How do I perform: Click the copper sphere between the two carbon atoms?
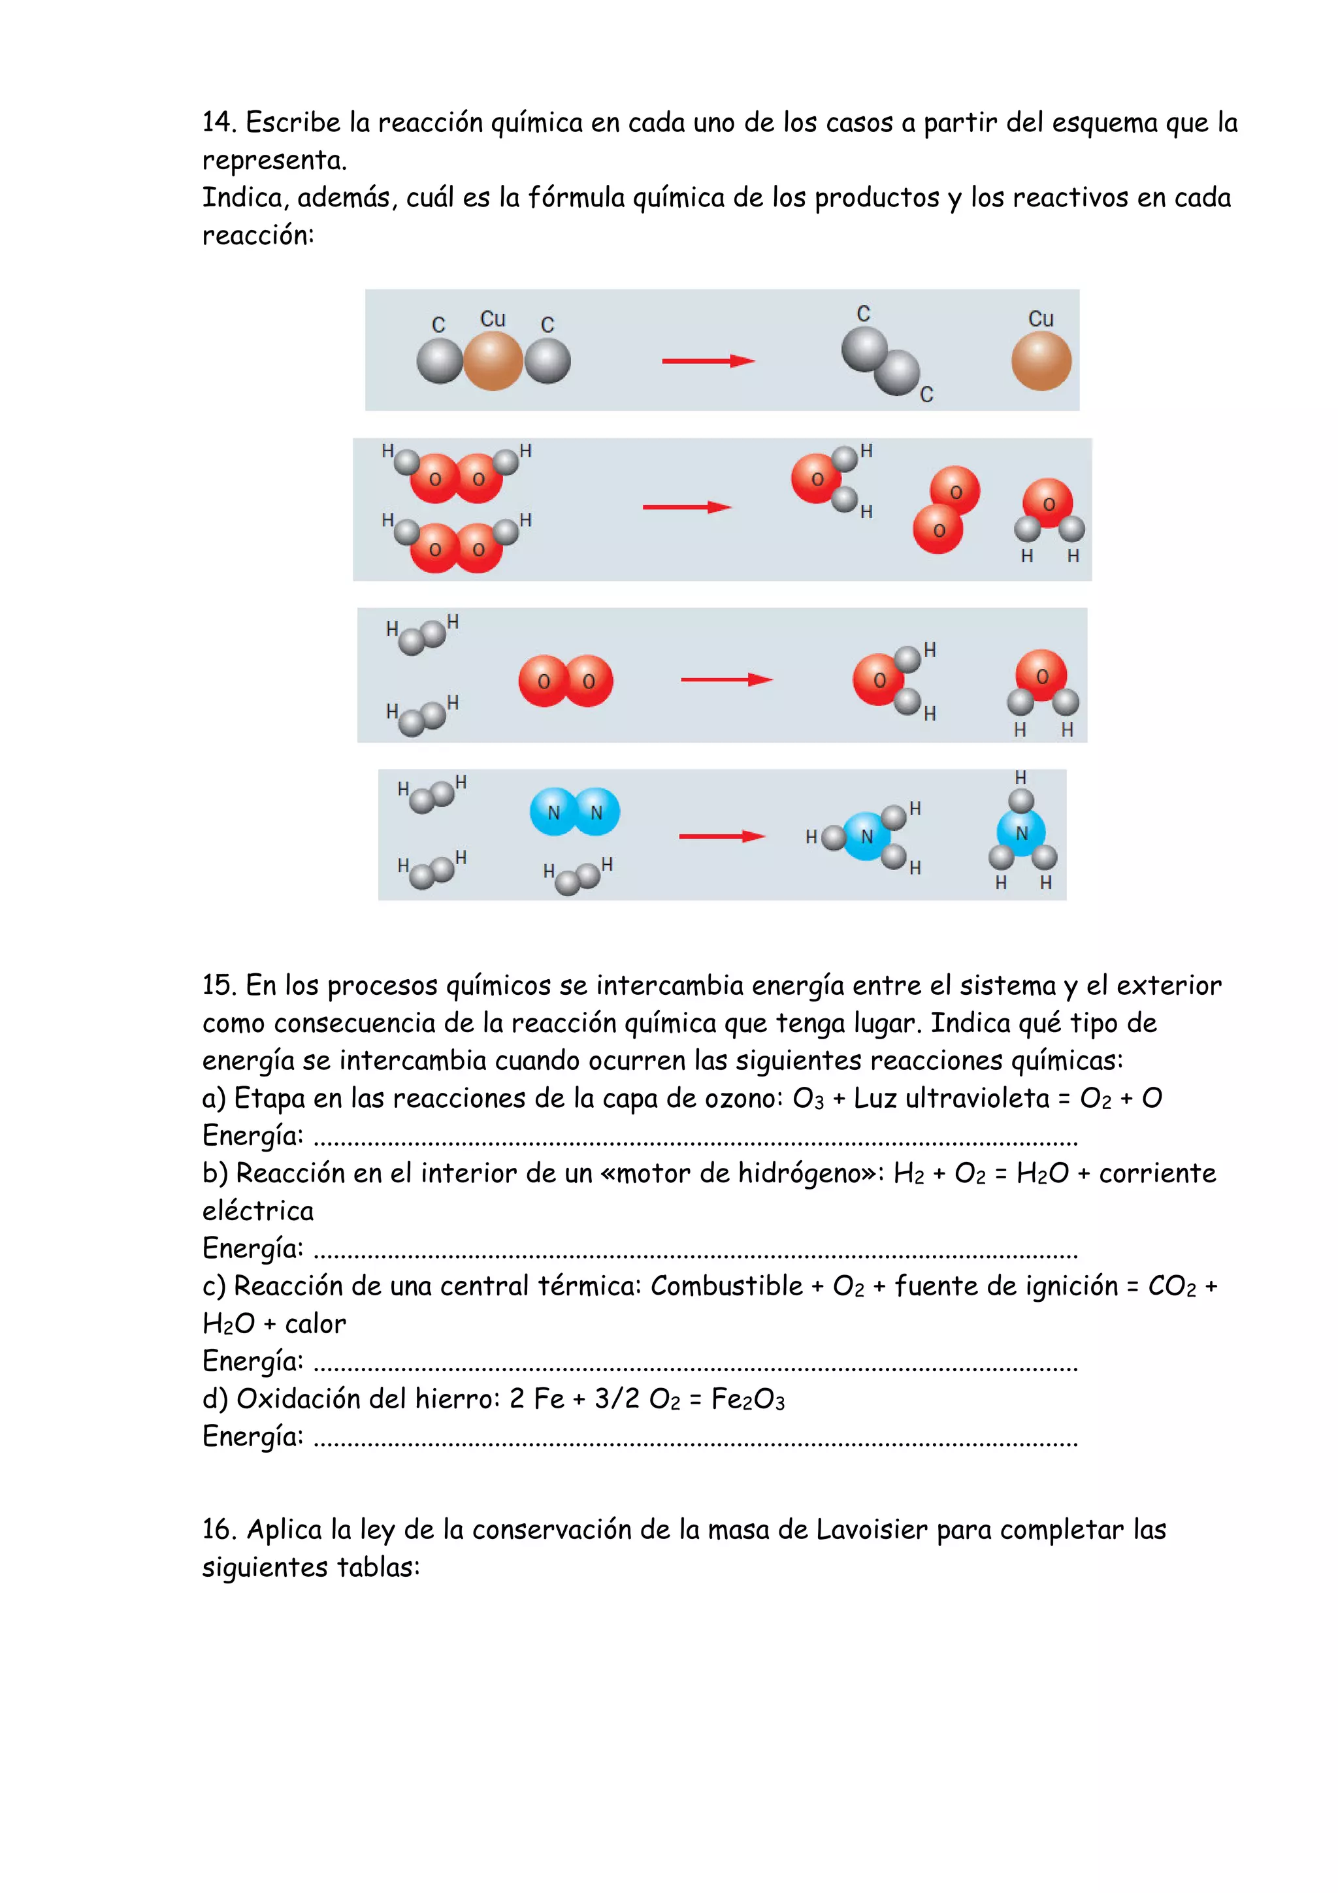pos(493,361)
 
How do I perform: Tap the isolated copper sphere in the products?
pos(1041,361)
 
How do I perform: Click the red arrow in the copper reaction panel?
pos(708,361)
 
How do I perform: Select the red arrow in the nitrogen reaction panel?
pos(722,836)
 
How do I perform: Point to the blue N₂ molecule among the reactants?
pos(575,811)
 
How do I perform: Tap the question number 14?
pos(220,122)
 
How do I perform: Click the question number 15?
pos(220,984)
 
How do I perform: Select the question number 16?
pos(220,1529)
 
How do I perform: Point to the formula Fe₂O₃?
pos(748,1399)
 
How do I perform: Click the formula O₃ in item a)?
pos(808,1098)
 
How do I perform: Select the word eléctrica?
pos(258,1210)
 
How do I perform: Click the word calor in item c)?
pos(316,1323)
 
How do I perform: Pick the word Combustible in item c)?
pos(726,1286)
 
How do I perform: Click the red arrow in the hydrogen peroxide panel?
pos(687,507)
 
